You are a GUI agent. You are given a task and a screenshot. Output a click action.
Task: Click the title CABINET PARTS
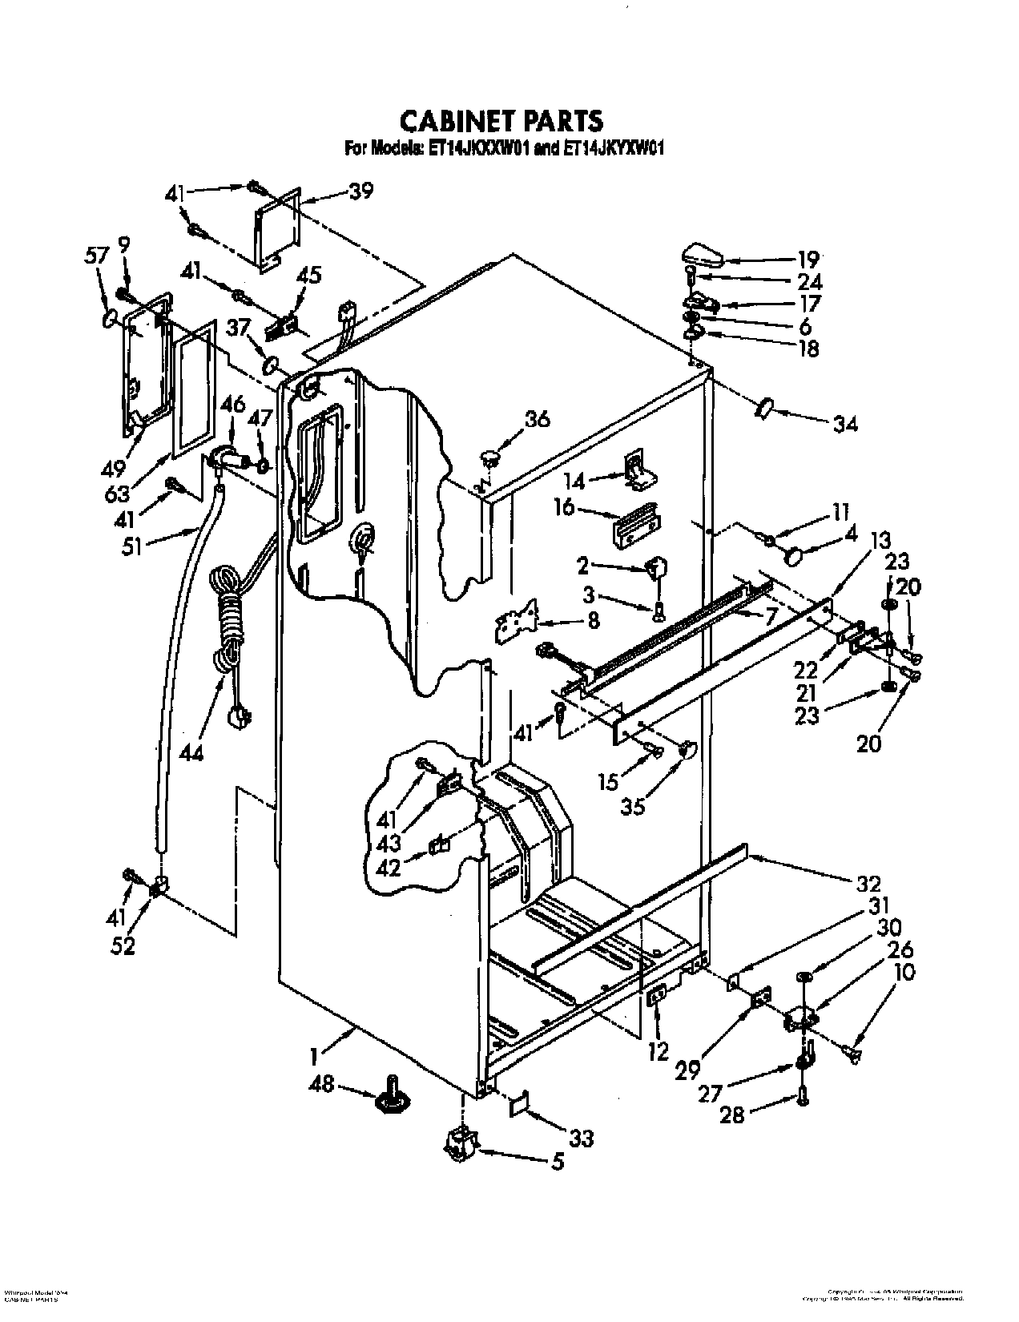pos(501,120)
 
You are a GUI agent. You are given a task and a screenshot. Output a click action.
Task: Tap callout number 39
pos(361,191)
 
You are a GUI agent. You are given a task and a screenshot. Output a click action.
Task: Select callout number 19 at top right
pos(808,259)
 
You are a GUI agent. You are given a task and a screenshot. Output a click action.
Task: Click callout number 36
pos(538,418)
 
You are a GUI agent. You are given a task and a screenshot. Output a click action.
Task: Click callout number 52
pos(123,945)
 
